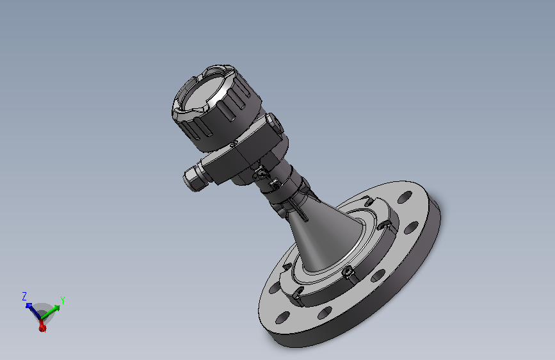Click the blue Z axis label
click(24, 296)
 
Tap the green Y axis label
click(62, 300)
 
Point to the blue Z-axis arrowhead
click(29, 306)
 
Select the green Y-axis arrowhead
click(56, 308)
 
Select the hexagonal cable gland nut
click(191, 178)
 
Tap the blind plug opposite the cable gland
click(275, 122)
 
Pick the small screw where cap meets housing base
click(234, 144)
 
